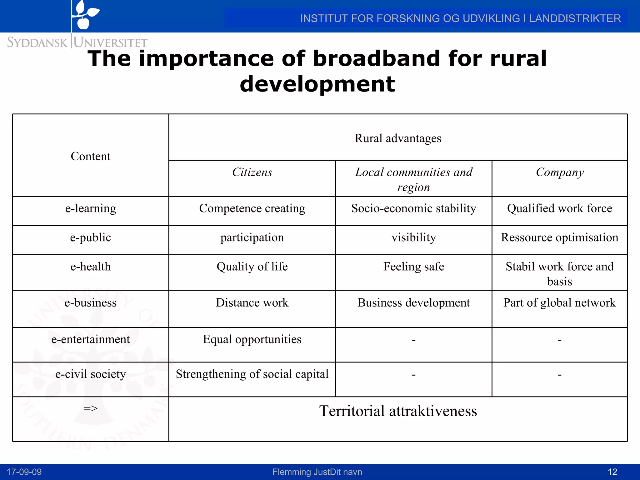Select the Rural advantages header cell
[397, 138]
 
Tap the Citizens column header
[252, 172]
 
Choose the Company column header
[559, 172]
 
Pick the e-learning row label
[90, 208]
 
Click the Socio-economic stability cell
[413, 208]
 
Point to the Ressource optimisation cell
[559, 237]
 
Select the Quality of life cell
[252, 267]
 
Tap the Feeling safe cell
[413, 267]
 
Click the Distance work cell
[252, 303]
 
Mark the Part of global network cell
[559, 303]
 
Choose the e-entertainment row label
[90, 339]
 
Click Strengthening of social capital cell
[252, 374]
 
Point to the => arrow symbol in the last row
[90, 408]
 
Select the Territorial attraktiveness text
[397, 411]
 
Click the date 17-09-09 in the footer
[24, 472]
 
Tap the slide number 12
[612, 472]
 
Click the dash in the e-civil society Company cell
[559, 374]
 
